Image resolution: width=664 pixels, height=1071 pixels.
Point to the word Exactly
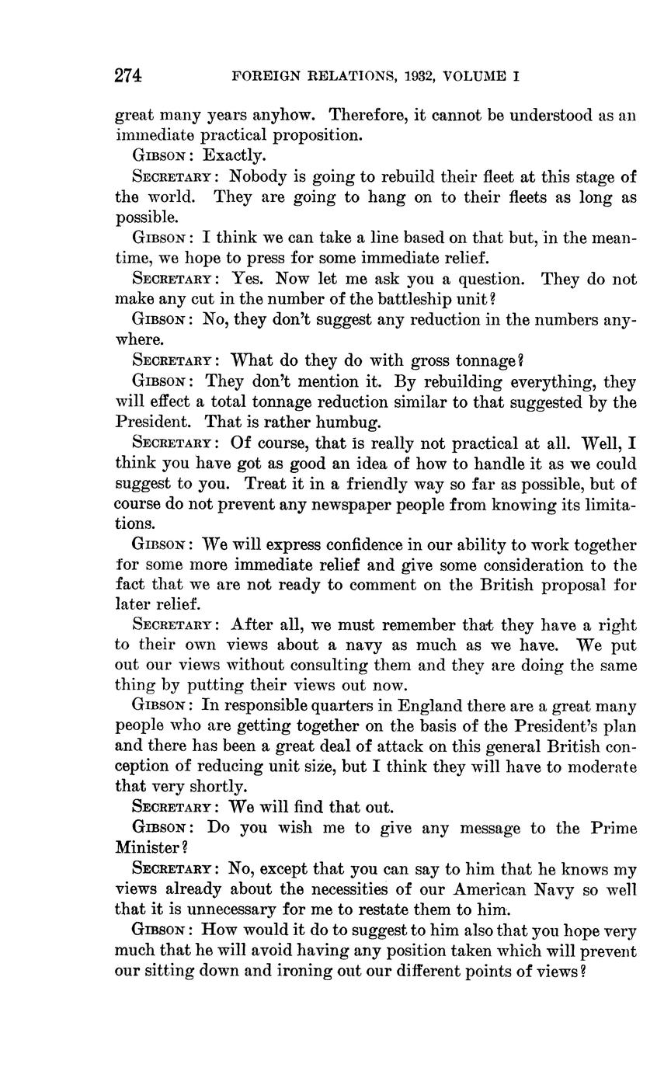pyautogui.click(x=235, y=155)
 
